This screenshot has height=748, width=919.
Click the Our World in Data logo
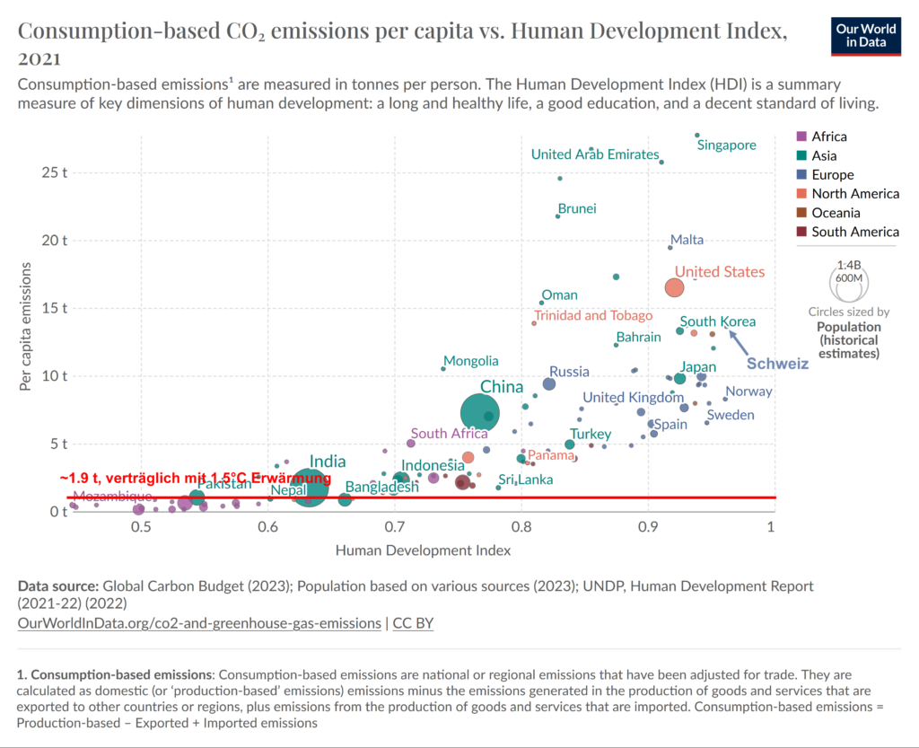click(x=866, y=35)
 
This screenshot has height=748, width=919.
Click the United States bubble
click(x=675, y=287)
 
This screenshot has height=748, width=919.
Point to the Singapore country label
click(x=726, y=145)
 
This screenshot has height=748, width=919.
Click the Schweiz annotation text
click(x=778, y=365)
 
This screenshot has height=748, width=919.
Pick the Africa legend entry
click(x=828, y=136)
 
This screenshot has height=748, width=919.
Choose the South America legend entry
click(x=854, y=232)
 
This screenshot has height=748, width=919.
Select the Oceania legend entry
click(x=836, y=213)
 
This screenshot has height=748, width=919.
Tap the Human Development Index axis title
click(x=423, y=550)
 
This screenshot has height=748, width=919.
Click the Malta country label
click(x=687, y=240)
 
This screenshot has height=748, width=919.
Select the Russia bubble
click(x=549, y=383)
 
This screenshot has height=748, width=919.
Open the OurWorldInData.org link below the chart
click(x=199, y=622)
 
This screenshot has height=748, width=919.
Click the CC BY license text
click(x=414, y=622)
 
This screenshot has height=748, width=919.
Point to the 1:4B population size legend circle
click(x=849, y=278)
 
